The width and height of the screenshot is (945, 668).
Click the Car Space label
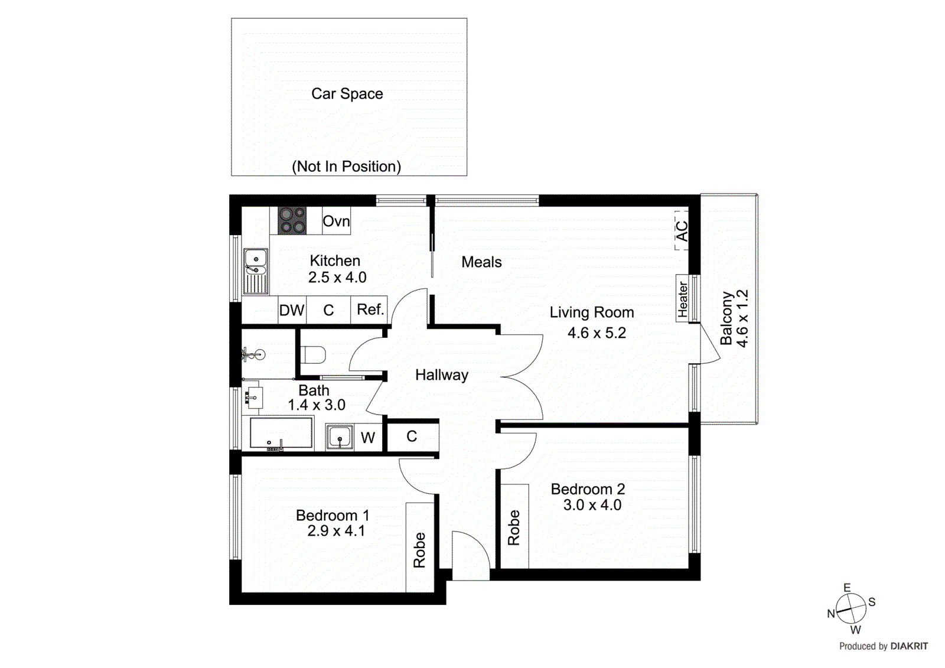347,94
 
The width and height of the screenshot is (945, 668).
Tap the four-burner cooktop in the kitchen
292,220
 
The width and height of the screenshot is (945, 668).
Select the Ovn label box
336,221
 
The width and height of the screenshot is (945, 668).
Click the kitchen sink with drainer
256,271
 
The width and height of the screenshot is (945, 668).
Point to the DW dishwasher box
292,310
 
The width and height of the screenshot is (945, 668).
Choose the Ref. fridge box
370,309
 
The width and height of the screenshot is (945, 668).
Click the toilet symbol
314,356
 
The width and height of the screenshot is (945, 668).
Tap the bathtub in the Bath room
281,434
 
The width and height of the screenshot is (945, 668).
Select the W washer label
367,438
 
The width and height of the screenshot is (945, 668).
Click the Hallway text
441,375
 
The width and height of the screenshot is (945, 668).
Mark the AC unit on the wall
682,231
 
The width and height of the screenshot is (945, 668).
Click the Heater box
683,298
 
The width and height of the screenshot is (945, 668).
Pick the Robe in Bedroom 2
514,527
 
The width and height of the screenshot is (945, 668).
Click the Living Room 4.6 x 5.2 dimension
597,333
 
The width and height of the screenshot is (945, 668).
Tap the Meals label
481,262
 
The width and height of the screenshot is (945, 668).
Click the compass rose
850,609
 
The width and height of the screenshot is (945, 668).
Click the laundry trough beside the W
340,438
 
